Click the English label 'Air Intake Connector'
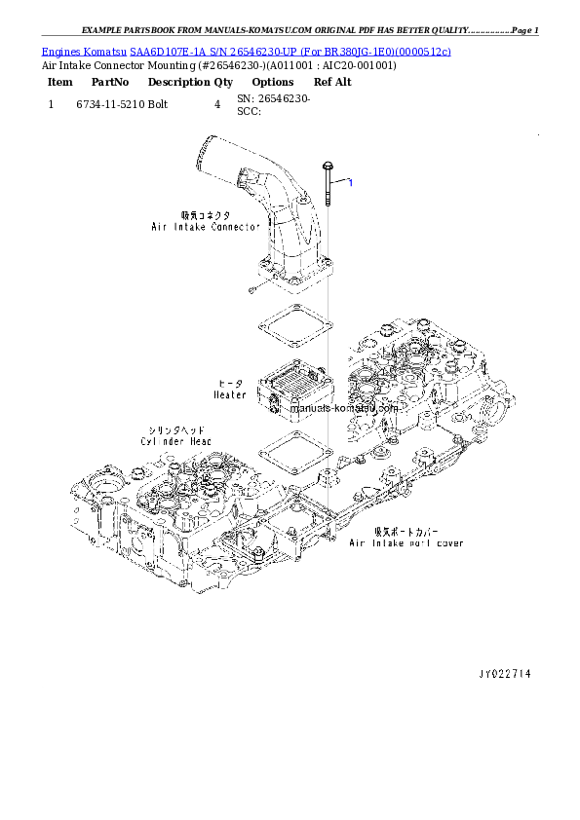pyautogui.click(x=205, y=227)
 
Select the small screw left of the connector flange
pyautogui.click(x=251, y=288)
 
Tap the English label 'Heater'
pyautogui.click(x=230, y=395)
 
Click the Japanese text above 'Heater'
pyautogui.click(x=231, y=384)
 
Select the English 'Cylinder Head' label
pyautogui.click(x=175, y=441)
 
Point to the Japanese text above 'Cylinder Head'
pyautogui.click(x=175, y=429)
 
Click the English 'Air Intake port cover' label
pyautogui.click(x=406, y=543)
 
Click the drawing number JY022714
pyautogui.click(x=504, y=673)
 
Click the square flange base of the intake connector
pyautogui.click(x=293, y=276)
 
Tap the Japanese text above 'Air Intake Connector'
pyautogui.click(x=204, y=215)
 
